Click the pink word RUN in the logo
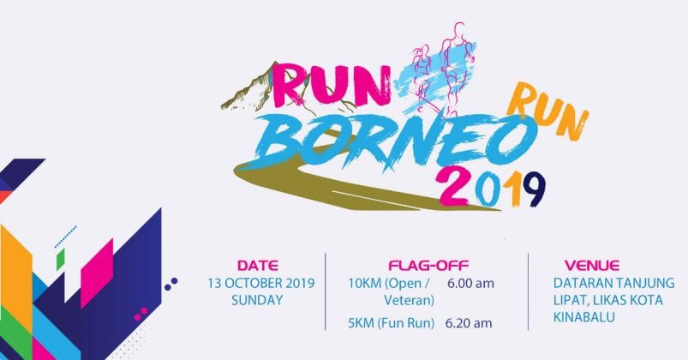point(332,87)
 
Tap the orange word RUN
point(548,110)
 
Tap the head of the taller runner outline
point(458,30)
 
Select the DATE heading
point(258,266)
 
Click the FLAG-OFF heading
point(428,266)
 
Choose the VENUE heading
point(592,266)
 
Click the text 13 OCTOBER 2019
point(261,283)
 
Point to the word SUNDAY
point(257,301)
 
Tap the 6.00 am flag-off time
point(471,284)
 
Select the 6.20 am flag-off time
point(469,323)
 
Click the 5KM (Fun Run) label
point(391,323)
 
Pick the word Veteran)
point(410,301)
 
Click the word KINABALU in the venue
point(584,317)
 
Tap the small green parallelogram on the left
point(61,260)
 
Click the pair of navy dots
point(171,284)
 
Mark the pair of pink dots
point(141,314)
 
